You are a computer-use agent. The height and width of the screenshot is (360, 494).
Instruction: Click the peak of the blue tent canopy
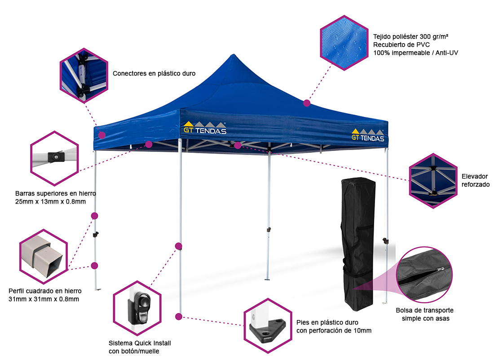pos(233,56)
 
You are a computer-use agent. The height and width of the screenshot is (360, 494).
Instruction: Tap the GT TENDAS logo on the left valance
pos(205,128)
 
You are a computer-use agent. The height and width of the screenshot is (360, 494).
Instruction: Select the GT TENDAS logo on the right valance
pos(368,135)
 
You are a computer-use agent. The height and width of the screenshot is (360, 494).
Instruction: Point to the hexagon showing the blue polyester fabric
pos(344,42)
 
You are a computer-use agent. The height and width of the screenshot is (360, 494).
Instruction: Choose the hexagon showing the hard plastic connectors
pos(84,76)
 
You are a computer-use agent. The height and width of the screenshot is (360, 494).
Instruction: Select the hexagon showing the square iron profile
pos(44,254)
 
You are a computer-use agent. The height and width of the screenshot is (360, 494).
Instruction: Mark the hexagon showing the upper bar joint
pos(54,158)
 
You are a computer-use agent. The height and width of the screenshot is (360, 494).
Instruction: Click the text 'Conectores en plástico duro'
pos(154,73)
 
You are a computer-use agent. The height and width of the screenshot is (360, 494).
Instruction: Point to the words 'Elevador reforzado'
pos(475,180)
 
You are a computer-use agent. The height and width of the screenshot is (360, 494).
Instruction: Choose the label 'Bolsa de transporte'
pos(424,311)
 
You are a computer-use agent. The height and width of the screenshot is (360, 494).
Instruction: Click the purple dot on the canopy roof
pos(307,103)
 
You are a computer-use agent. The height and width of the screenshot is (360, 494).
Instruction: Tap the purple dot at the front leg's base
pos(179,316)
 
